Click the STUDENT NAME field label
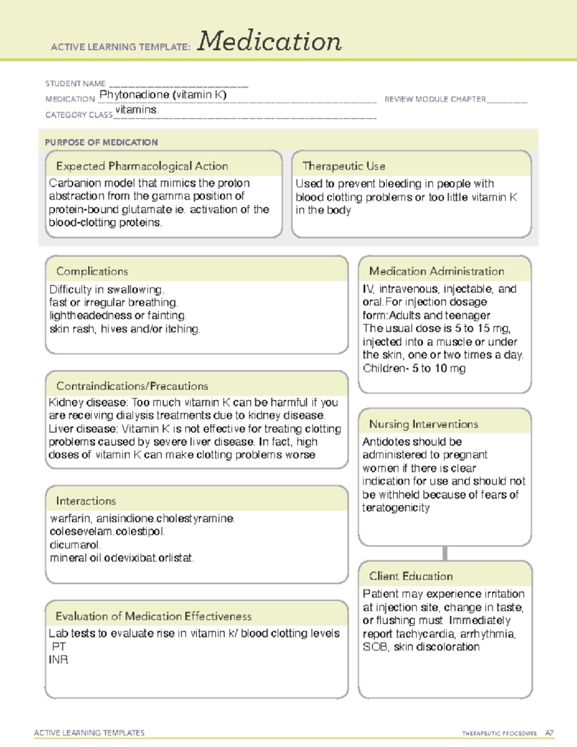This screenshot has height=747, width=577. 75,84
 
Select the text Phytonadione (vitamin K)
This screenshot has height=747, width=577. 163,95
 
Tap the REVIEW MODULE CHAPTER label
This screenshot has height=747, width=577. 435,99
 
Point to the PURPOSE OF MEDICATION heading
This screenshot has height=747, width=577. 101,142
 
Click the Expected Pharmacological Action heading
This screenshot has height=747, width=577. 142,166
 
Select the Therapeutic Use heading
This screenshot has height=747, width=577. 344,166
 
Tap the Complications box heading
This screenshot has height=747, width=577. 92,271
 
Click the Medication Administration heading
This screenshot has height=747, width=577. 437,271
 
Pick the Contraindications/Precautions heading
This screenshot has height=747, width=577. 132,386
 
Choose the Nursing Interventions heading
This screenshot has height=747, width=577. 424,424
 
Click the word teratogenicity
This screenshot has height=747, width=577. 396,508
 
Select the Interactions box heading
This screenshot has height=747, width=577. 86,501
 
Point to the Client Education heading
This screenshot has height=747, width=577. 411,576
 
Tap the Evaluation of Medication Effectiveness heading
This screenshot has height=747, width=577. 153,617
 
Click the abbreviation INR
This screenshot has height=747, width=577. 59,660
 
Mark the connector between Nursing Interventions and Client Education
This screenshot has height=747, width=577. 445,553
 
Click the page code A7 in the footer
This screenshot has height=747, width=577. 549,734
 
